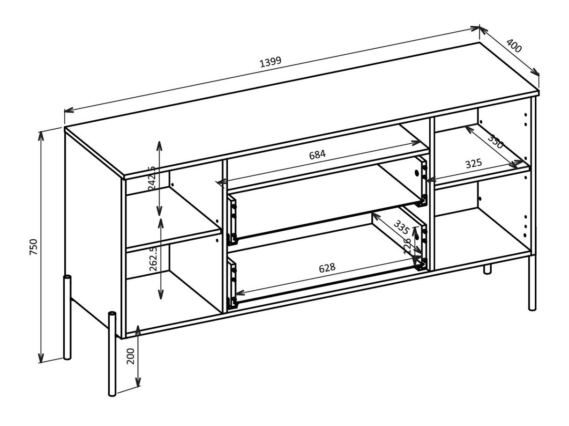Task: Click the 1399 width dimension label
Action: [x=270, y=61]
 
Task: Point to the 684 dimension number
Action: [x=317, y=154]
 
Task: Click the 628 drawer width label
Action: [x=327, y=268]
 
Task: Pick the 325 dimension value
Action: [x=473, y=164]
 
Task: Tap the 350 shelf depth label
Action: [x=495, y=141]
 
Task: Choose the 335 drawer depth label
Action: [x=401, y=227]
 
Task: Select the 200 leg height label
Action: [x=131, y=357]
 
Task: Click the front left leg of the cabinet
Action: [x=112, y=353]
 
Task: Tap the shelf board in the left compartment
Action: [x=173, y=239]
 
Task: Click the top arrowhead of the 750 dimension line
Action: [x=41, y=134]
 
